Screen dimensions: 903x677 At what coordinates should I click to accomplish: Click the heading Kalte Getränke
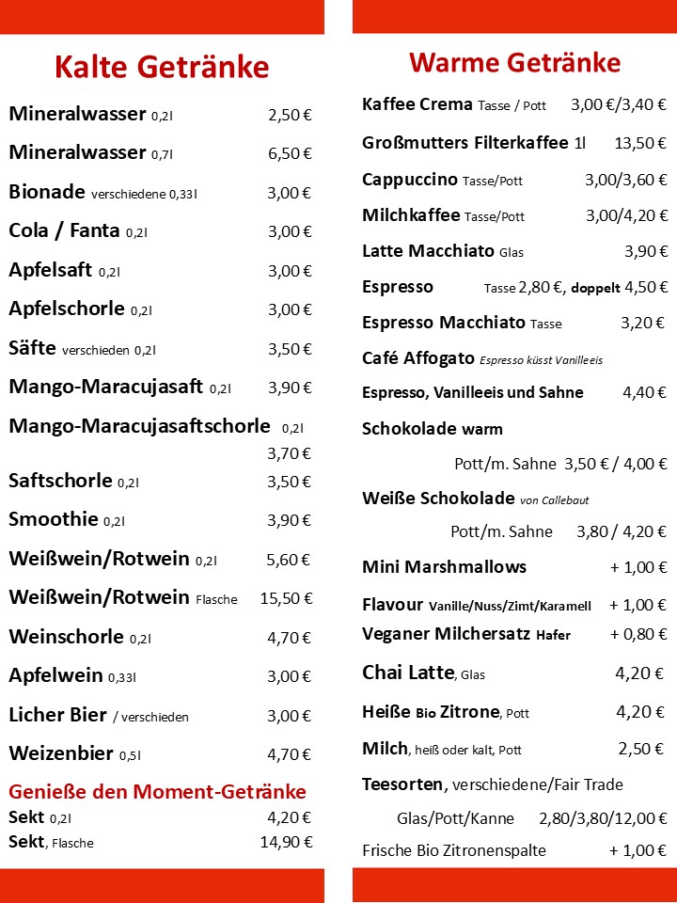pyautogui.click(x=162, y=68)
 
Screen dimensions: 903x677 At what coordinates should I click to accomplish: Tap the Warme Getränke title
pyautogui.click(x=514, y=63)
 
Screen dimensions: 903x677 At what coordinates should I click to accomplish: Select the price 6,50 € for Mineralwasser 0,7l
pyautogui.click(x=290, y=154)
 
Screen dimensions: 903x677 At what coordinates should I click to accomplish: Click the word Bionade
pyautogui.click(x=47, y=193)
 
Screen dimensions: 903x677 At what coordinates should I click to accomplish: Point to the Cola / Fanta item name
pyautogui.click(x=64, y=231)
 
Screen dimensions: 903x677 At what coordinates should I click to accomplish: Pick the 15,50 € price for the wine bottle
pyautogui.click(x=286, y=598)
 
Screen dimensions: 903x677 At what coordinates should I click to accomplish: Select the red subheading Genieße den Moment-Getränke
pyautogui.click(x=157, y=791)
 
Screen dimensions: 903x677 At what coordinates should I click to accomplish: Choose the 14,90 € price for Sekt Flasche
pyautogui.click(x=286, y=842)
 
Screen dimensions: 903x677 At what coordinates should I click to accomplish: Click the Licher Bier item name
pyautogui.click(x=57, y=715)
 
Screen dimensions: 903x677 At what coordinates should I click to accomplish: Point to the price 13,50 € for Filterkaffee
pyautogui.click(x=640, y=143)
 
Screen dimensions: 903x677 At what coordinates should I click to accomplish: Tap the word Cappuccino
pyautogui.click(x=410, y=180)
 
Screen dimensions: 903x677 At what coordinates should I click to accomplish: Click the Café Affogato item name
pyautogui.click(x=418, y=358)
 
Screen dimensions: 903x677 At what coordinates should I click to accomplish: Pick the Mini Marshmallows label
pyautogui.click(x=444, y=567)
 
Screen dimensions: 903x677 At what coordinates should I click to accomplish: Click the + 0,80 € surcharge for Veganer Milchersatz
pyautogui.click(x=638, y=634)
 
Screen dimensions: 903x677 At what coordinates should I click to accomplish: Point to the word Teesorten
pyautogui.click(x=401, y=784)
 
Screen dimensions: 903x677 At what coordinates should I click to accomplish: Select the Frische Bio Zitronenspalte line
pyautogui.click(x=454, y=850)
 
